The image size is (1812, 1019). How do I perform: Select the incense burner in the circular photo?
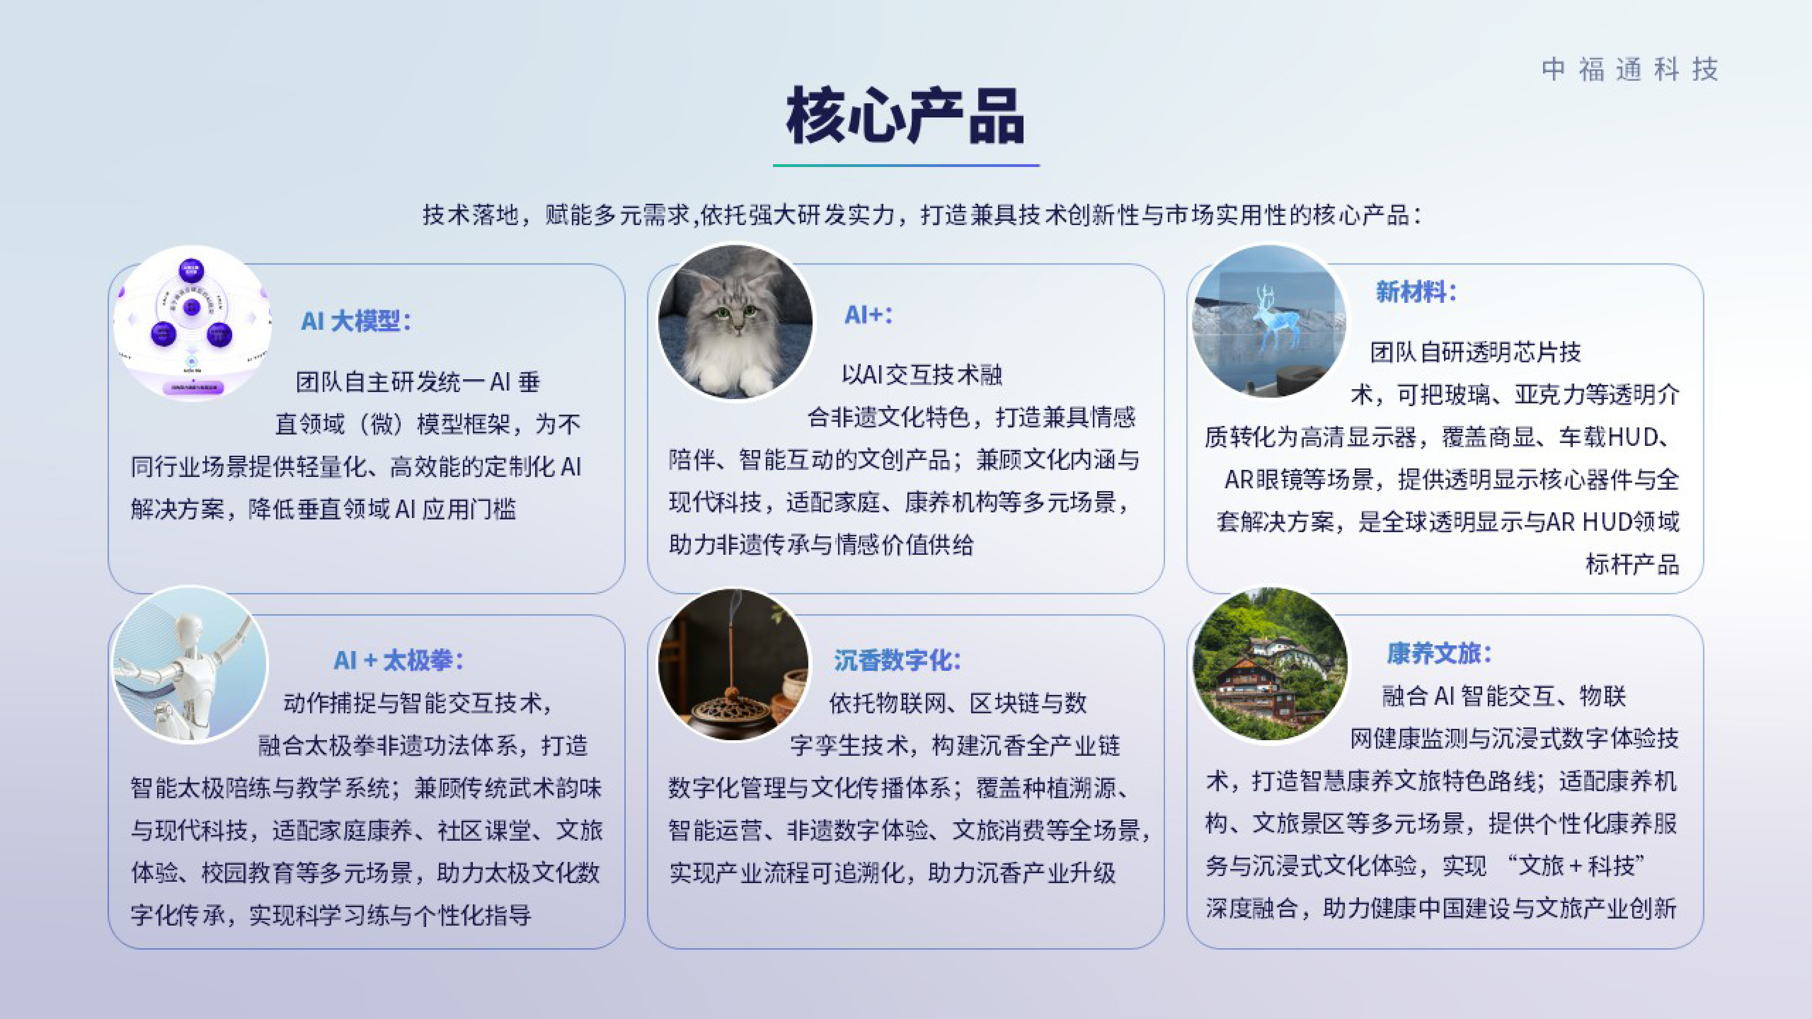click(732, 714)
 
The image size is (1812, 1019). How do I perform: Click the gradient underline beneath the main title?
click(906, 165)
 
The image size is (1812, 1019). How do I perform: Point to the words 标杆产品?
click(1632, 564)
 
